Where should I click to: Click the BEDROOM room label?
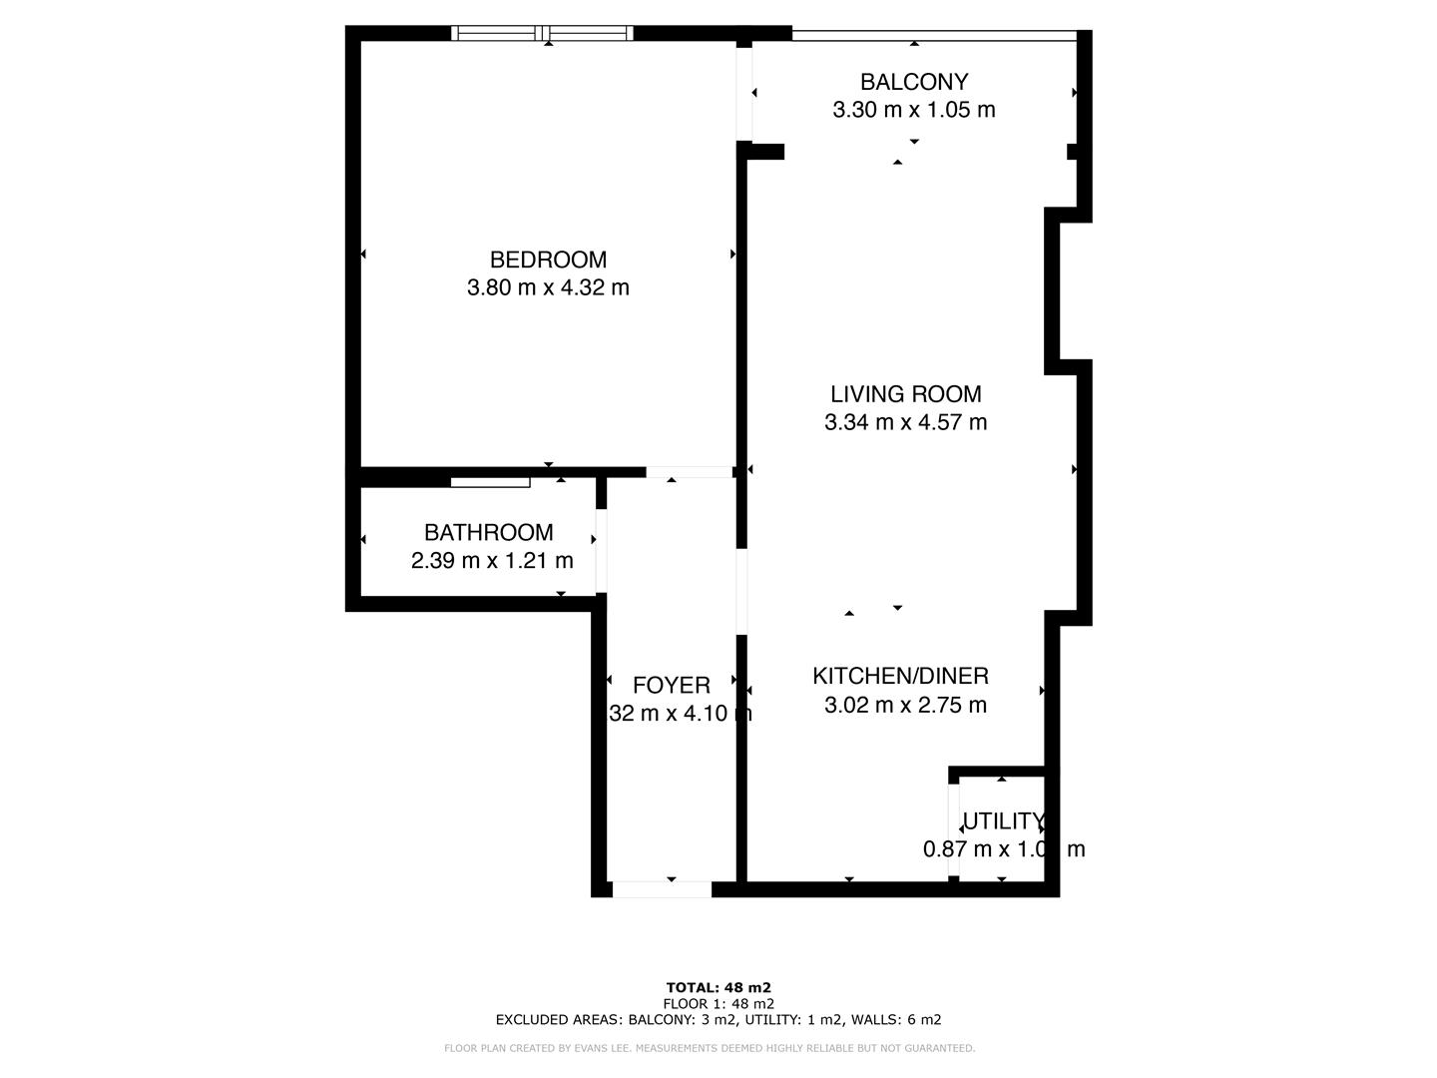point(548,260)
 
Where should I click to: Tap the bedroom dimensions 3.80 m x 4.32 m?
point(548,287)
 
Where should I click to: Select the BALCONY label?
point(914,82)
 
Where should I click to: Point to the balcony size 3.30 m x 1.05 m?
point(914,110)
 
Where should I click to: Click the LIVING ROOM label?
point(906,394)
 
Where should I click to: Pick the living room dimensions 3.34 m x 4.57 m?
point(906,422)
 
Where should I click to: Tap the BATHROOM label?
point(489,533)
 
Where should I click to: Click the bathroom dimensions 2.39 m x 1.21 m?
point(492,561)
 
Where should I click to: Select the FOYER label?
point(672,686)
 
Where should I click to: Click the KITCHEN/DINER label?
point(900,677)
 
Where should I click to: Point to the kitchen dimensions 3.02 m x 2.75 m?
point(906,706)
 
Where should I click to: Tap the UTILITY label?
point(1002,821)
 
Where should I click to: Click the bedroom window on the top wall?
point(543,34)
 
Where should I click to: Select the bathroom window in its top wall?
point(490,482)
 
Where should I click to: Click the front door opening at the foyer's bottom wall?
point(662,889)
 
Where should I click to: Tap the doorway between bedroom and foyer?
point(690,472)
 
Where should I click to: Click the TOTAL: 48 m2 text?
point(718,988)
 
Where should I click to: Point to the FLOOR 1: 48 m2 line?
point(718,1004)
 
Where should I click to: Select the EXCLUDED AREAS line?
point(718,1020)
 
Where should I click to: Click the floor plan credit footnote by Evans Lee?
point(710,1048)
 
